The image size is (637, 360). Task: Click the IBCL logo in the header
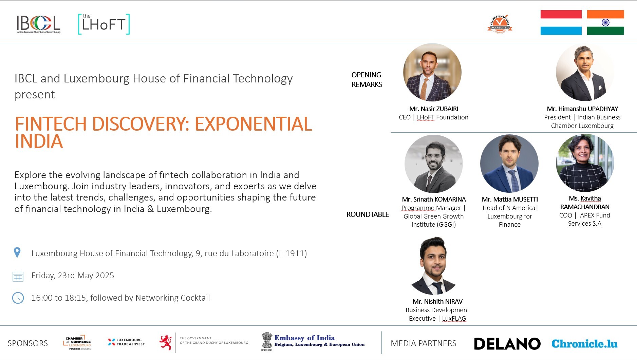pos(38,24)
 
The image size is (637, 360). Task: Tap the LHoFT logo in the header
pos(104,24)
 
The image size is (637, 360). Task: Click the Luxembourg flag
pos(561,22)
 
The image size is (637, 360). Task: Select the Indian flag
pos(605,22)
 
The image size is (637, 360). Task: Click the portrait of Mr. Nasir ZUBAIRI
pos(432,72)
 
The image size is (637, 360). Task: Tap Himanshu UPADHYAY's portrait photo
pos(585,72)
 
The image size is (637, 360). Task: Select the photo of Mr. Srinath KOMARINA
pos(434,164)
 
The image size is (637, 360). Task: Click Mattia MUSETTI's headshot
pos(509,164)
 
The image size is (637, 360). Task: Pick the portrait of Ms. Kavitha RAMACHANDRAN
pos(585,163)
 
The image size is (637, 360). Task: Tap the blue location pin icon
pos(17,252)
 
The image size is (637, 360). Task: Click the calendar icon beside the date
pos(18,276)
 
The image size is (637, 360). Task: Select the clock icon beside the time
pos(18,298)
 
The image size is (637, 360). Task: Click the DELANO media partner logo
pos(507,344)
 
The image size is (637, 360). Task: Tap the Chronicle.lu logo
pos(584,344)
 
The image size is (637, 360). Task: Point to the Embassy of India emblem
pos(267,341)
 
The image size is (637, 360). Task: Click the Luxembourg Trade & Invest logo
pos(126,342)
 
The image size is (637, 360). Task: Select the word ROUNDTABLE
pos(368,214)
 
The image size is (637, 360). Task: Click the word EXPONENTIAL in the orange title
pos(253,124)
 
